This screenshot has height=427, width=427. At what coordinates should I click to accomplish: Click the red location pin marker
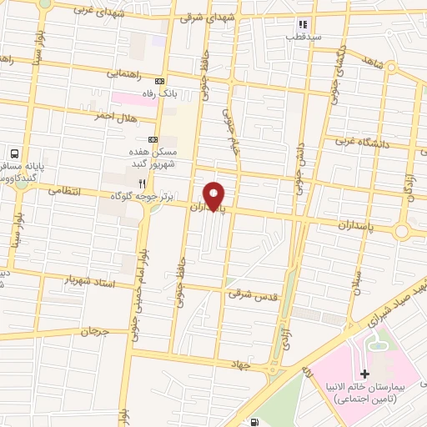tap(215, 195)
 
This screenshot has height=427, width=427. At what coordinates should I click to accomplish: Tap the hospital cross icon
tap(364, 373)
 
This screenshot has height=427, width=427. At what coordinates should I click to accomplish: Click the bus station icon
tap(13, 153)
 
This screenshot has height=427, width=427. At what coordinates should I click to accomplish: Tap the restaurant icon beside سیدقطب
tap(303, 25)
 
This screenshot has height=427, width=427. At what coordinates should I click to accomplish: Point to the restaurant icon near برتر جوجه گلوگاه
tap(142, 183)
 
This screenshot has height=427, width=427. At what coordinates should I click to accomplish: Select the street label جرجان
tap(97, 332)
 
